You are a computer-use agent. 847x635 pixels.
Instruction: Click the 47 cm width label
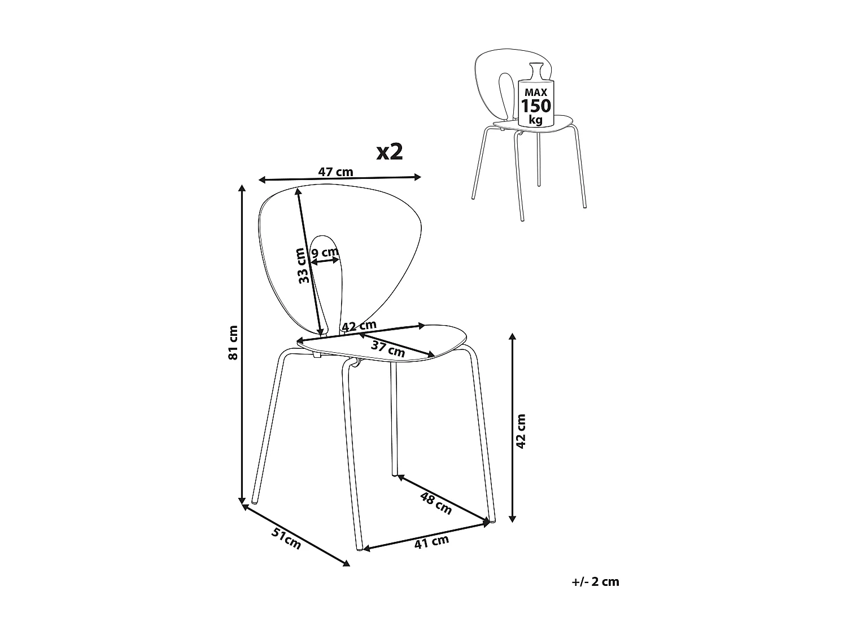click(x=335, y=172)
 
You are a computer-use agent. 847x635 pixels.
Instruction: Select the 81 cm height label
click(x=233, y=343)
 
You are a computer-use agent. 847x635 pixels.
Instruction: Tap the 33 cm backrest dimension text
click(x=304, y=266)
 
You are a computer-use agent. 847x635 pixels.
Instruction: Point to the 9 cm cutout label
click(x=325, y=253)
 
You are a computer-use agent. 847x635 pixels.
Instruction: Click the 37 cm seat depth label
click(x=388, y=349)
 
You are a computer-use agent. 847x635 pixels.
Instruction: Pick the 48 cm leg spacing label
click(x=436, y=503)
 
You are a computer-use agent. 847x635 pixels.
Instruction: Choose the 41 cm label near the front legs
click(x=431, y=542)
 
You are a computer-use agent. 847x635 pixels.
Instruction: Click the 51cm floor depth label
click(x=286, y=538)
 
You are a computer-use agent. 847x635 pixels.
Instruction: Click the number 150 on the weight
click(x=536, y=106)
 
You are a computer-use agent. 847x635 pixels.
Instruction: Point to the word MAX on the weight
click(x=536, y=93)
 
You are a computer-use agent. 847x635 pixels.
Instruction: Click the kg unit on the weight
click(x=536, y=120)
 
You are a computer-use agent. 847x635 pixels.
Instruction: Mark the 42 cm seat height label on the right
click(x=521, y=431)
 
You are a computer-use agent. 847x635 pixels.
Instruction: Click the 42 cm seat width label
click(x=359, y=326)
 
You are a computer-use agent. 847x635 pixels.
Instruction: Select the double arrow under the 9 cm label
click(x=325, y=261)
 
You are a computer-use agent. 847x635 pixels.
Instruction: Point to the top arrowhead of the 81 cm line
click(x=242, y=188)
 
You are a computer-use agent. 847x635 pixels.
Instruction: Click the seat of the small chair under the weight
click(x=532, y=125)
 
